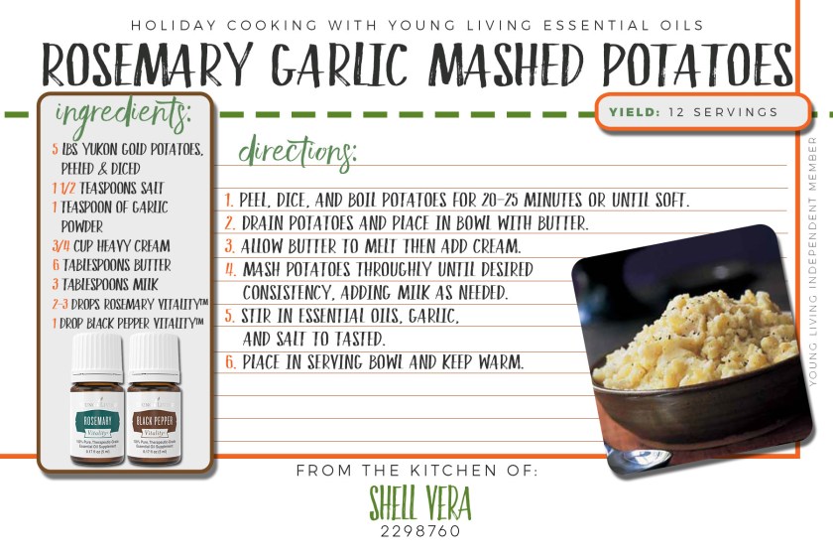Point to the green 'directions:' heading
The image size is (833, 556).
pos(297,154)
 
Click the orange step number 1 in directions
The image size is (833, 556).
pos(228,201)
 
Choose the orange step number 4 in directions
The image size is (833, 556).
pos(229,269)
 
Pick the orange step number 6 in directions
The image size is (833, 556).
pos(229,362)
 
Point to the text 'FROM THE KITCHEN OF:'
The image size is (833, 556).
pos(416,470)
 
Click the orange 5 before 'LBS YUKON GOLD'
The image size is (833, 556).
pos(54,150)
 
